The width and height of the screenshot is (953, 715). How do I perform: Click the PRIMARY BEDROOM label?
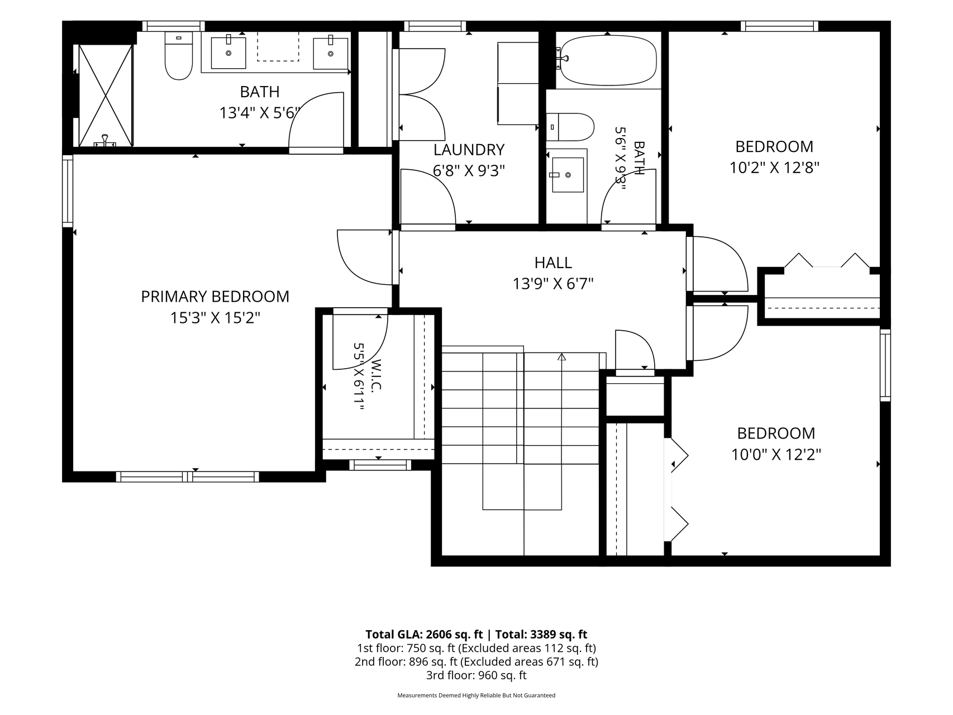215,297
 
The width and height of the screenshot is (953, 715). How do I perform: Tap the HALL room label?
553,263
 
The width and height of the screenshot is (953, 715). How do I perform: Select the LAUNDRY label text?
469,150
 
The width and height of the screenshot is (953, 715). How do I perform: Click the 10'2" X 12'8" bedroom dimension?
774,168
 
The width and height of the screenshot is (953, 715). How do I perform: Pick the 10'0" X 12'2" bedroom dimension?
776,455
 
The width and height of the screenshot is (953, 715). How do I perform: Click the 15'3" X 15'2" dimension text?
216,318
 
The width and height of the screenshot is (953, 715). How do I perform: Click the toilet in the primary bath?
179,55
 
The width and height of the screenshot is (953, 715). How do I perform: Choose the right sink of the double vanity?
330,53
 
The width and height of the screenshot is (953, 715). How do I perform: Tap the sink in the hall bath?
566,174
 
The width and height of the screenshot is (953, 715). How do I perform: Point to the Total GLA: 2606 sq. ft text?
424,634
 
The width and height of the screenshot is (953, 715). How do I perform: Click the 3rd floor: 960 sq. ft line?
476,675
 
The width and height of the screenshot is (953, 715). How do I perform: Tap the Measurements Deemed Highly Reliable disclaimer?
476,695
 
